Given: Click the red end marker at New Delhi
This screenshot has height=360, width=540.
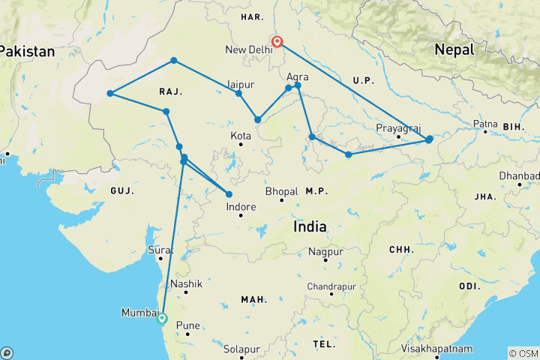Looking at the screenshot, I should pos(277,42).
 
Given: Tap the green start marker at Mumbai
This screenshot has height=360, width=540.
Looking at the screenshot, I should pos(162,318).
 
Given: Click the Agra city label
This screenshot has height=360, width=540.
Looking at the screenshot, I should pos(298,76).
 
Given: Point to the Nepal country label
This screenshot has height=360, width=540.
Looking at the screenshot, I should pos(453,49).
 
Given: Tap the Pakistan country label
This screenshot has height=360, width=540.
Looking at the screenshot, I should pos(27,52).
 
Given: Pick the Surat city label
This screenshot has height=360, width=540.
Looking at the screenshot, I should pos(161,249).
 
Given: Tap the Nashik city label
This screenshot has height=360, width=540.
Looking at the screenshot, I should pos(186,284).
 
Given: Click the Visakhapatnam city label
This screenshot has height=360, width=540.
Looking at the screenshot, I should pos(438,349).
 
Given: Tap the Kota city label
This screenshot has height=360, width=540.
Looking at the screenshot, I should pos(241,135).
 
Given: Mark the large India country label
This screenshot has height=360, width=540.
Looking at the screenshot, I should pos(310,226).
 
